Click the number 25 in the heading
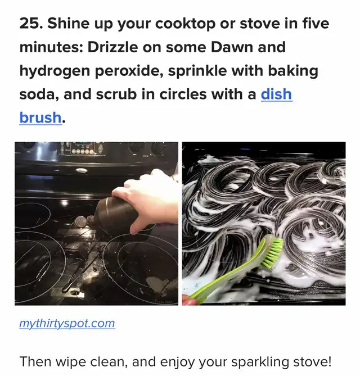tap(30, 24)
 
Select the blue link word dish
tap(276, 94)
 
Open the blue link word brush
tap(40, 117)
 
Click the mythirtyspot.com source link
tap(67, 324)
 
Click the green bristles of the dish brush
tap(272, 253)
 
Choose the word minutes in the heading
tap(51, 47)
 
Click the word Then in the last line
tap(35, 361)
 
